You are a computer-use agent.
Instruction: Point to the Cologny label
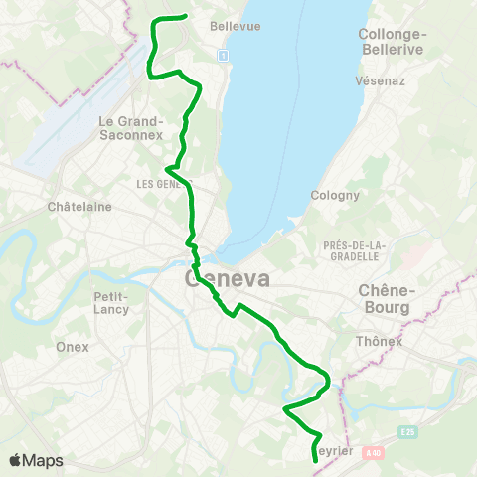(x=335, y=195)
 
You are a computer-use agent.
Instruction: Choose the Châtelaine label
(x=79, y=207)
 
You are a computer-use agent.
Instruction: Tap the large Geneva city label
(x=228, y=279)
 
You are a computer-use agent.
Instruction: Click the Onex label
(x=74, y=347)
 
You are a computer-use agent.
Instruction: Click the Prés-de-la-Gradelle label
(x=352, y=250)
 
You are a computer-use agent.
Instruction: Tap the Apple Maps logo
(x=36, y=460)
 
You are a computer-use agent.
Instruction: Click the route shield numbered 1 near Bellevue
(x=225, y=55)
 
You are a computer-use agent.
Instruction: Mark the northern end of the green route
(x=187, y=16)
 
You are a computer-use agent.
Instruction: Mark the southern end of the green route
(x=314, y=461)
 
